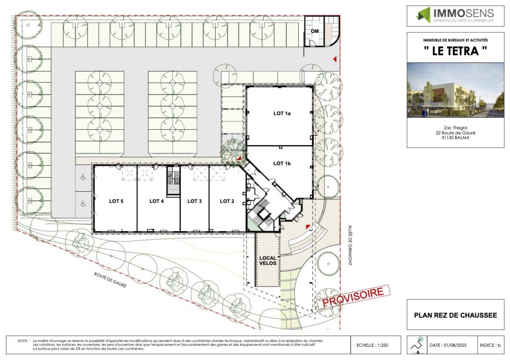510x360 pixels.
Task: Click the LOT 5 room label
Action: click(116, 201)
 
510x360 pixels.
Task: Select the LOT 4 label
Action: click(157, 201)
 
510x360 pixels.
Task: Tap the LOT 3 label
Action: click(195, 201)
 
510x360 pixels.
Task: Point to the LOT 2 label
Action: click(227, 201)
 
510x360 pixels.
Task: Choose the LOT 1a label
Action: click(282, 113)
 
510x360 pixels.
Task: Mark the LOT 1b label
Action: click(282, 164)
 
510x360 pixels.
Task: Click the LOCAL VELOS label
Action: click(268, 261)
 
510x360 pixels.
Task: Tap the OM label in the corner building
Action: click(315, 31)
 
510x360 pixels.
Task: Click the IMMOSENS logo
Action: click(455, 16)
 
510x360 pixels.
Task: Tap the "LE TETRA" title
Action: click(455, 51)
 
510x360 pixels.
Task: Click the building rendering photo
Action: click(455, 90)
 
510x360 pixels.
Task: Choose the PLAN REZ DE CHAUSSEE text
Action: click(455, 315)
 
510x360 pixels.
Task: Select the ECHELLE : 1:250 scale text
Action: click(372, 345)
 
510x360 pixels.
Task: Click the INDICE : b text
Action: click(490, 345)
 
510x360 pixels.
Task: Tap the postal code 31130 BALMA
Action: click(455, 138)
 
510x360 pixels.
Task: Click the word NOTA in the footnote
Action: click(22, 341)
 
